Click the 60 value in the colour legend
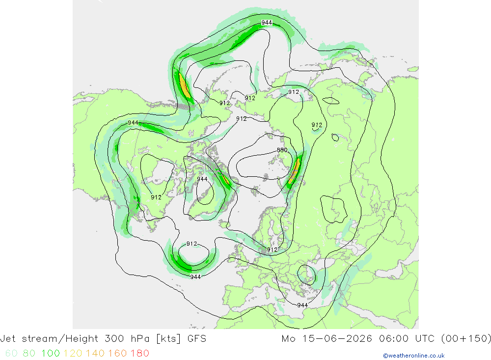[11, 354]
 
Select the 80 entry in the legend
[29, 354]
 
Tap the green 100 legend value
[51, 354]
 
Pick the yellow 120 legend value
[73, 354]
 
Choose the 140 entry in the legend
[95, 354]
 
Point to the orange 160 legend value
[117, 354]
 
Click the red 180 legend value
[139, 354]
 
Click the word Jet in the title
[8, 339]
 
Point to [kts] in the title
[168, 339]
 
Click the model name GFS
[197, 339]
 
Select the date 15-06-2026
[337, 339]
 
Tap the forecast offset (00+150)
[465, 339]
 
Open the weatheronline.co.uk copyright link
[413, 356]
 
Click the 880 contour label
[282, 150]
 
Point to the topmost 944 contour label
[267, 23]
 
